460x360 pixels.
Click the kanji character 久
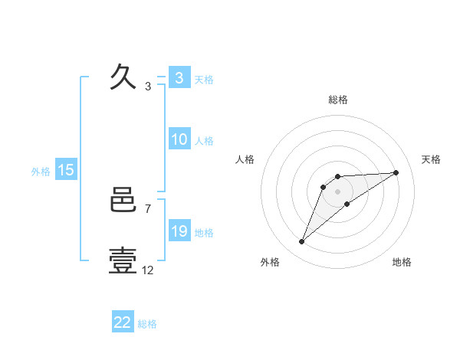coord(124,78)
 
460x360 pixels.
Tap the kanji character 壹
coord(124,261)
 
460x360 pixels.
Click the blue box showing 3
coord(179,78)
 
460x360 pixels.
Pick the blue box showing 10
coord(179,139)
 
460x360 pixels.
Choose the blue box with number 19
coord(179,231)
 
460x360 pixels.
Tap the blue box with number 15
coord(66,170)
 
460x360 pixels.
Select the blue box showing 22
coord(123,322)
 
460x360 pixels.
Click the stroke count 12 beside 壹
coord(148,270)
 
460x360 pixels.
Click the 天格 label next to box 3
coord(204,80)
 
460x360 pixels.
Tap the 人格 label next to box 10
coord(204,141)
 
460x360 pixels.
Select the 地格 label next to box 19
coord(204,233)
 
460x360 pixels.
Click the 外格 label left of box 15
coord(41,172)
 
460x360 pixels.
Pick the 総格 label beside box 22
coord(148,324)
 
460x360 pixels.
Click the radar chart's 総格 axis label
coord(337,100)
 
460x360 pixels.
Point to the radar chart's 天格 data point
coord(396,172)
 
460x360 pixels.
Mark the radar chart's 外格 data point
coord(302,242)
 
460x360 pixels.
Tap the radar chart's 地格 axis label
coord(402,262)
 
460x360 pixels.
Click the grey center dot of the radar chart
coord(337,191)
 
